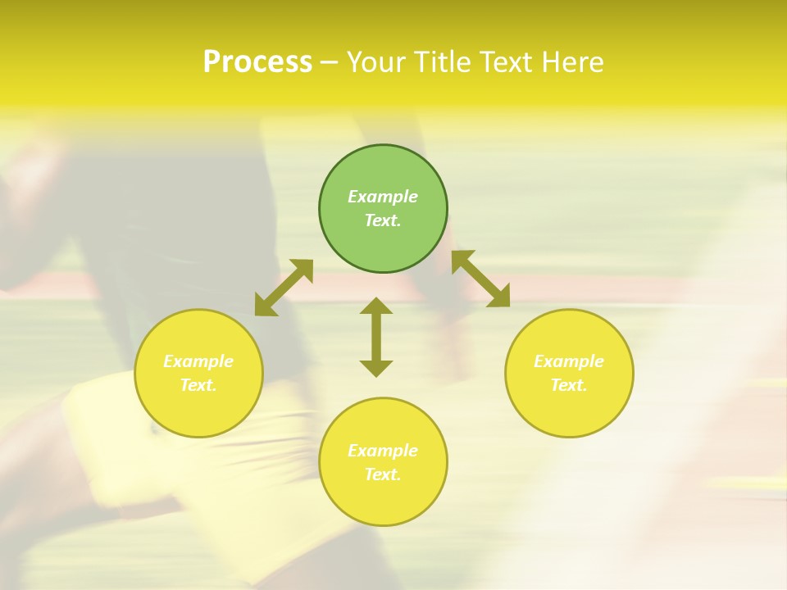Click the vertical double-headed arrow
pos(376,337)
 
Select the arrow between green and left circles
pos(284,288)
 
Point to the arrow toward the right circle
pos(481,279)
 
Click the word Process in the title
pos(257,62)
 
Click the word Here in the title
pos(574,62)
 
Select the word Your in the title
pos(377,62)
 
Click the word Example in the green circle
pos(383,197)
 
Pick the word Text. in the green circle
pos(383,220)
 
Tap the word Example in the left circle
pos(198,361)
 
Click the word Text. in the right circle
pos(569,385)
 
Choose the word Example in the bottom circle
pos(383,451)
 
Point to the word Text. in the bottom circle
pos(383,474)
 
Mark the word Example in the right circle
pos(569,361)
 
